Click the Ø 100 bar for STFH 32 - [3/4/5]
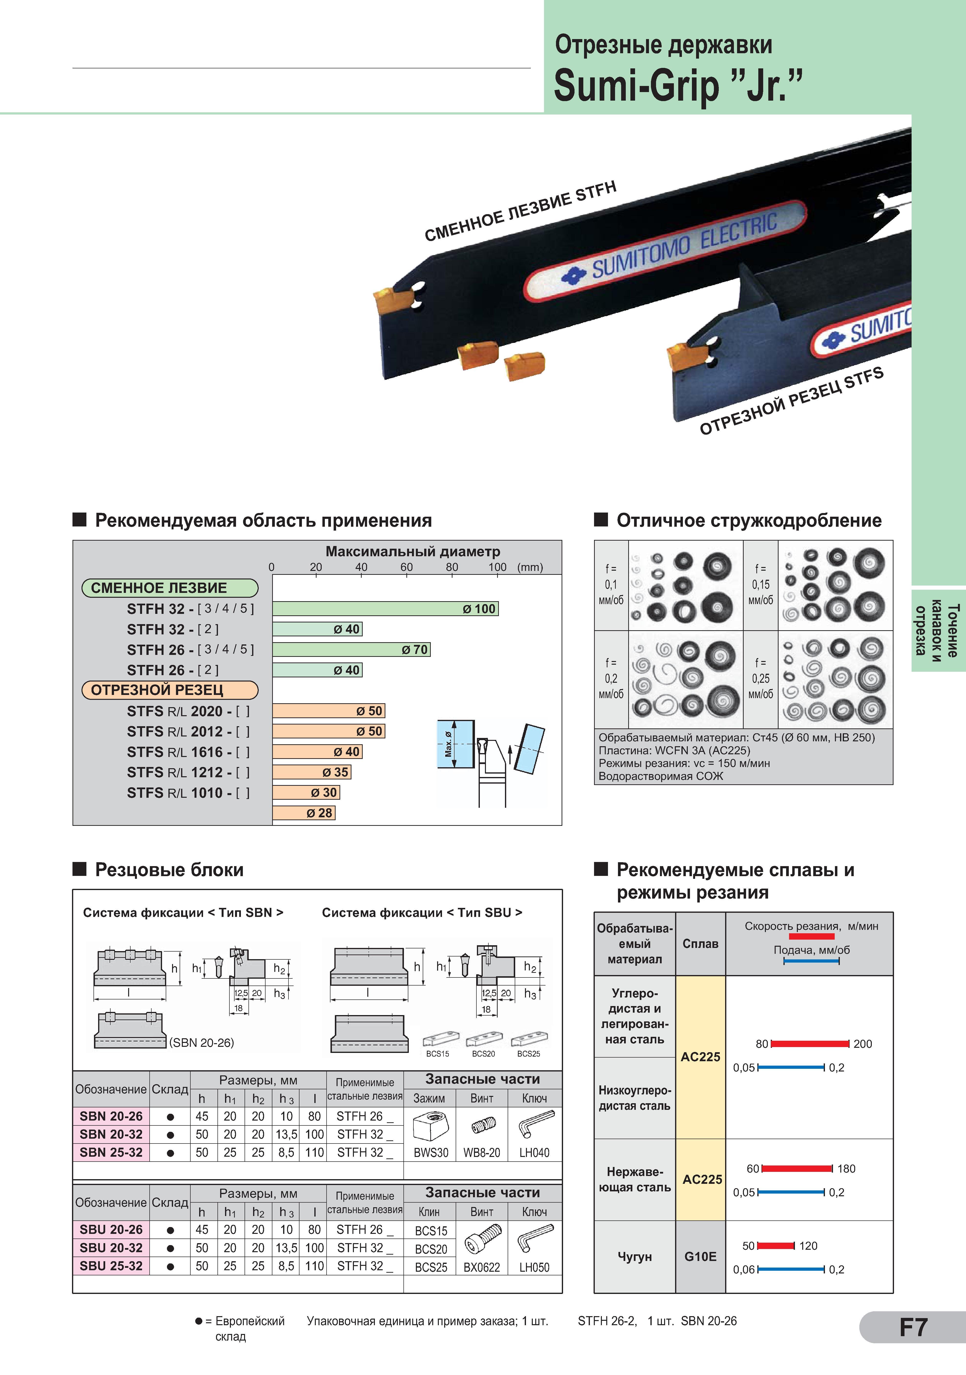[385, 609]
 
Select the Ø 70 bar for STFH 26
[351, 649]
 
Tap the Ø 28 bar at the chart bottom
[304, 813]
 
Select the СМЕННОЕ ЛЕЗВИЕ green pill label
[170, 588]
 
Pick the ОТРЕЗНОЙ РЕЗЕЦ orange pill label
[170, 690]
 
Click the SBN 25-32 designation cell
[111, 1152]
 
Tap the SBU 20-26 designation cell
[111, 1229]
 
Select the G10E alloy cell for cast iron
[700, 1256]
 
